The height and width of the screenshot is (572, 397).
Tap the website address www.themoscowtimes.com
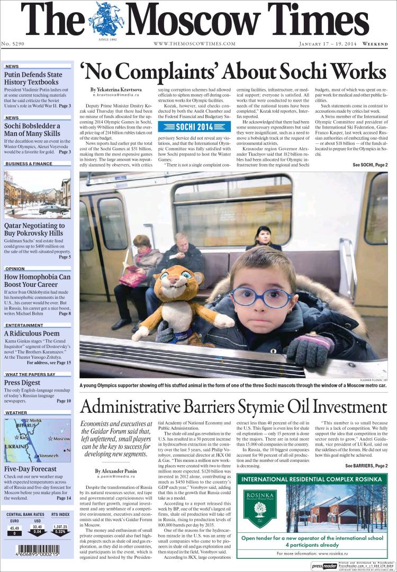(x=194, y=43)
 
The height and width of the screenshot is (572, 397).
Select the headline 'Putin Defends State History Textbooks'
(x=33, y=78)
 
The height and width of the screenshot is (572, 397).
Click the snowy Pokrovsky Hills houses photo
(x=37, y=194)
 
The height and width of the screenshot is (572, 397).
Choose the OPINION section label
(x=15, y=269)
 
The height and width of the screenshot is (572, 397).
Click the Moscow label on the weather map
(x=61, y=439)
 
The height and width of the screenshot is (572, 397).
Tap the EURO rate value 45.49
(x=14, y=528)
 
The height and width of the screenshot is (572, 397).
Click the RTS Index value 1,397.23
(x=60, y=528)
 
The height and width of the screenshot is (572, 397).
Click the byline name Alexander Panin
(x=112, y=471)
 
